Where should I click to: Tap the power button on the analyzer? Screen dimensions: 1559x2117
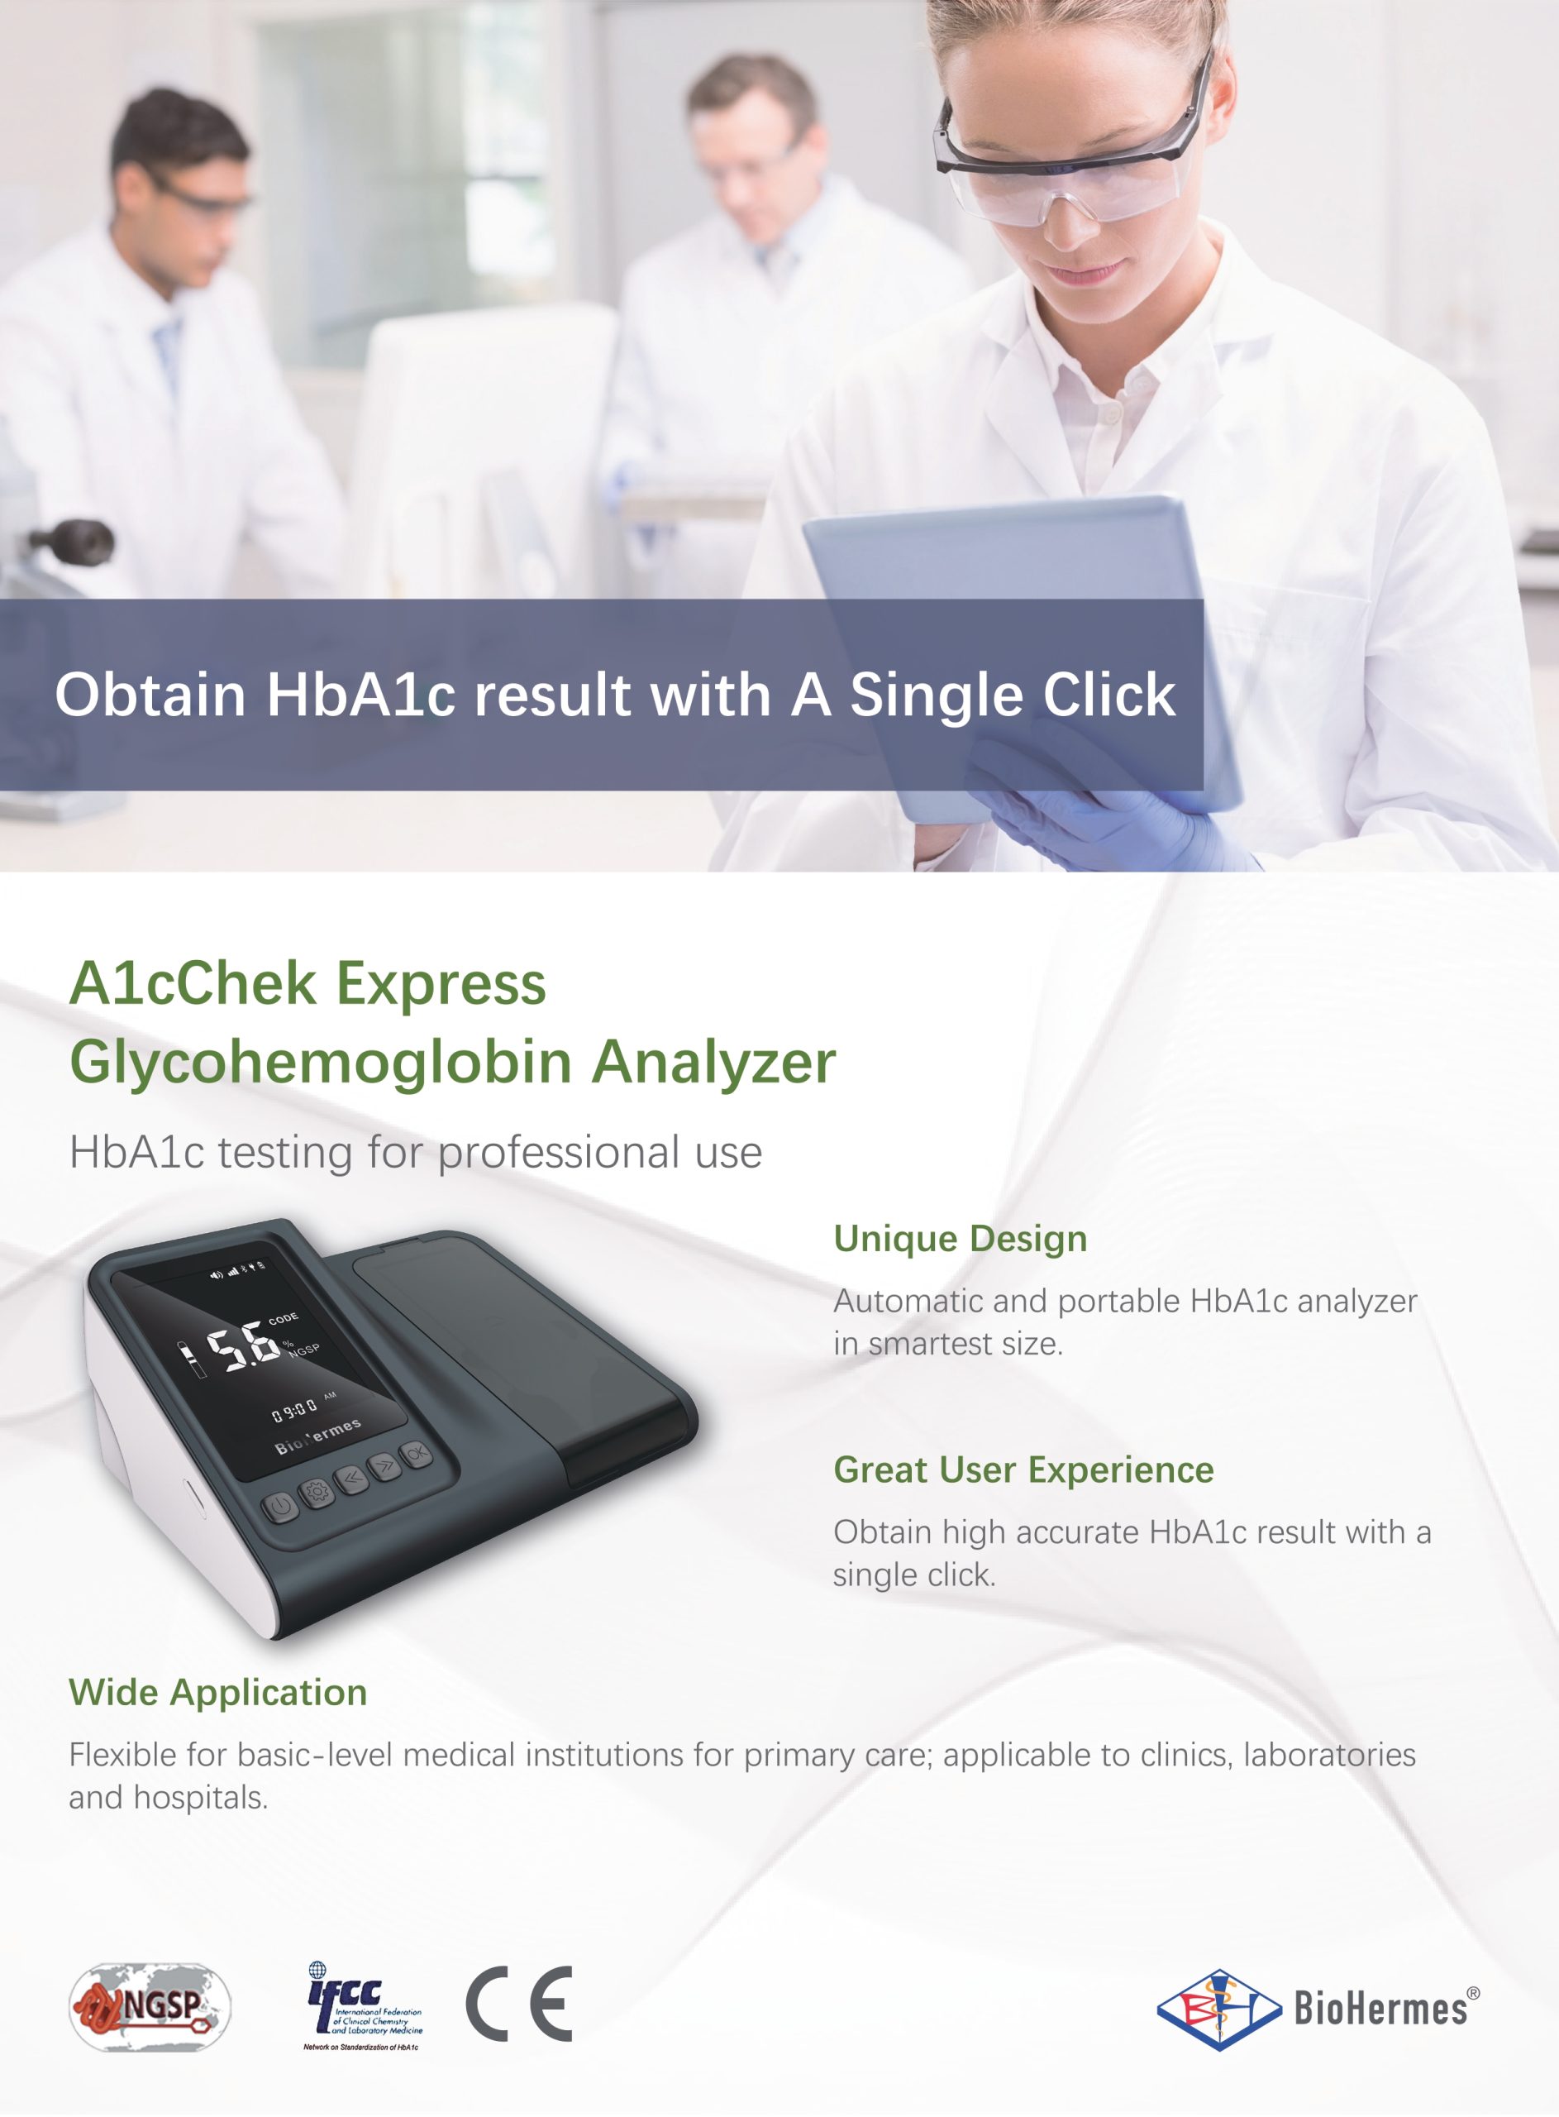coord(280,1507)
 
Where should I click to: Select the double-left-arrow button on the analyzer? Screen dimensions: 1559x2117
coord(350,1478)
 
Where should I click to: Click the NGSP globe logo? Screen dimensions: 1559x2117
coord(150,2006)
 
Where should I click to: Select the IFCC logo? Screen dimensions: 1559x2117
coord(364,2005)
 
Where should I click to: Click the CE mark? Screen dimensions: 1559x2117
coord(519,2004)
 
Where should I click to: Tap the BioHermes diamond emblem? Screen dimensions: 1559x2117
coord(1219,2009)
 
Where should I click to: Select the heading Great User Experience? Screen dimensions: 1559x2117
coord(1024,1469)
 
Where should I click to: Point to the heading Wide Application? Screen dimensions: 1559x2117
coord(218,1692)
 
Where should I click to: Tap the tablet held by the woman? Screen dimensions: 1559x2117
coord(1024,652)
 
